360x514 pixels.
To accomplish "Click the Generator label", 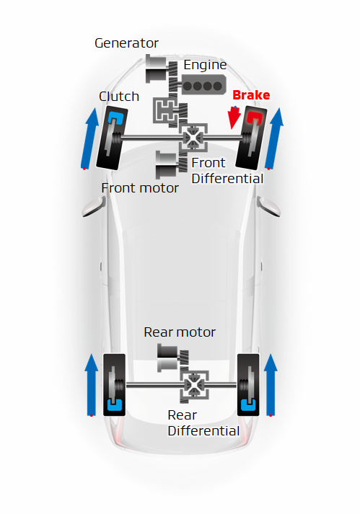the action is pos(126,43).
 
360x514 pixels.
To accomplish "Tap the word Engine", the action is pos(205,65).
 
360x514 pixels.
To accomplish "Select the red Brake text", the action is pos(251,95).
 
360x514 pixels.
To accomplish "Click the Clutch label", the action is pos(119,97).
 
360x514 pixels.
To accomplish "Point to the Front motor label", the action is pos(140,188).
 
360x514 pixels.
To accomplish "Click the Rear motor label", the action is pos(180,332).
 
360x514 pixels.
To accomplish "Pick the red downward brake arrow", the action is pos(234,118).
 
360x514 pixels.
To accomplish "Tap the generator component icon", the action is pos(157,68).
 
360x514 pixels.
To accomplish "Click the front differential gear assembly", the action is pos(193,138).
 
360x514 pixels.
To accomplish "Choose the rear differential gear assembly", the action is pos(194,385).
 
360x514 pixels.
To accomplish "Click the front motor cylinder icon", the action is pos(167,165).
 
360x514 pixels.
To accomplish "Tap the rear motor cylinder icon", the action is pos(168,358).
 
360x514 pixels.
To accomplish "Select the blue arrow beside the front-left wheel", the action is pos(90,138).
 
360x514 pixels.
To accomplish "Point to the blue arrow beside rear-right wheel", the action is pos(271,385).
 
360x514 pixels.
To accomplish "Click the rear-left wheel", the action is pos(114,385).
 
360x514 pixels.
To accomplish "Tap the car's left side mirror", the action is pos(95,206).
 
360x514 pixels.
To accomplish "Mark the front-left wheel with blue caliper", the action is pos(112,138).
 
